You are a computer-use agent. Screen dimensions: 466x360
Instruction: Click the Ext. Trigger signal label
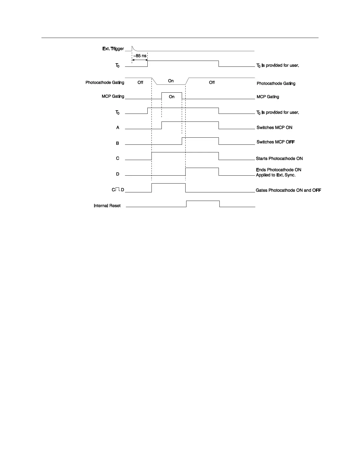[113, 49]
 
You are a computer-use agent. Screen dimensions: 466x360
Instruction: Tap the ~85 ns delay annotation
[140, 56]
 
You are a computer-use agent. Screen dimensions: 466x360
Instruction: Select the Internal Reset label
[107, 206]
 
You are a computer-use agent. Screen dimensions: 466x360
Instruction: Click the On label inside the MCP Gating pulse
[171, 97]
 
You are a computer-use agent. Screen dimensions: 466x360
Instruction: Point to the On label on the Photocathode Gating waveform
[171, 81]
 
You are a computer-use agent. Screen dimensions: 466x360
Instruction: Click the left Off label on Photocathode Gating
[140, 83]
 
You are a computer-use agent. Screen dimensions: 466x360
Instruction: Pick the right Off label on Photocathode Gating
[212, 83]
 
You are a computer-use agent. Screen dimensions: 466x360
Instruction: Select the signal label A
[118, 128]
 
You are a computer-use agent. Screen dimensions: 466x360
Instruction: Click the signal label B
[117, 143]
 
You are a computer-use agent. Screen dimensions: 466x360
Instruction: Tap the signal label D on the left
[118, 174]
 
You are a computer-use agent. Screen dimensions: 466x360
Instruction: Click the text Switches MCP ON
[274, 128]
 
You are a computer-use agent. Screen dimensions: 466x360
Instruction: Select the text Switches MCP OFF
[276, 142]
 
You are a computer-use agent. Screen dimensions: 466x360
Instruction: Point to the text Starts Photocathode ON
[279, 159]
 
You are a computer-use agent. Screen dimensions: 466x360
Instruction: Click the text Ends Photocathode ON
[279, 170]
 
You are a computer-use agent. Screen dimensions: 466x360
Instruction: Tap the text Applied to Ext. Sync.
[276, 175]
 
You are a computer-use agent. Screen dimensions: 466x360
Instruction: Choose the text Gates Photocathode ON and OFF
[288, 190]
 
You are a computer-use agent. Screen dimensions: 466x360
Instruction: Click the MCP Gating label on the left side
[113, 96]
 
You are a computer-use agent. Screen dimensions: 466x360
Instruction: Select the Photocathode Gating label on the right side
[276, 84]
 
